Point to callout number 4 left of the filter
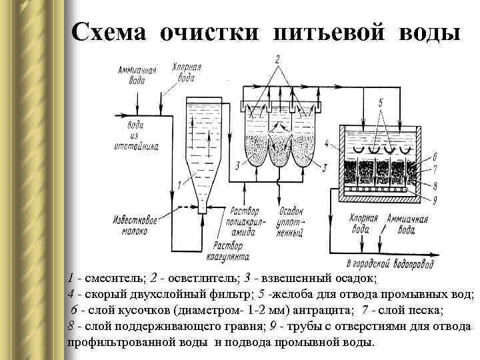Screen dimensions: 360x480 coord(326,143)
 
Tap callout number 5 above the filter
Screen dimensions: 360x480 coord(379,103)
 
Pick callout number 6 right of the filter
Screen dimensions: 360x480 coord(434,157)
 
